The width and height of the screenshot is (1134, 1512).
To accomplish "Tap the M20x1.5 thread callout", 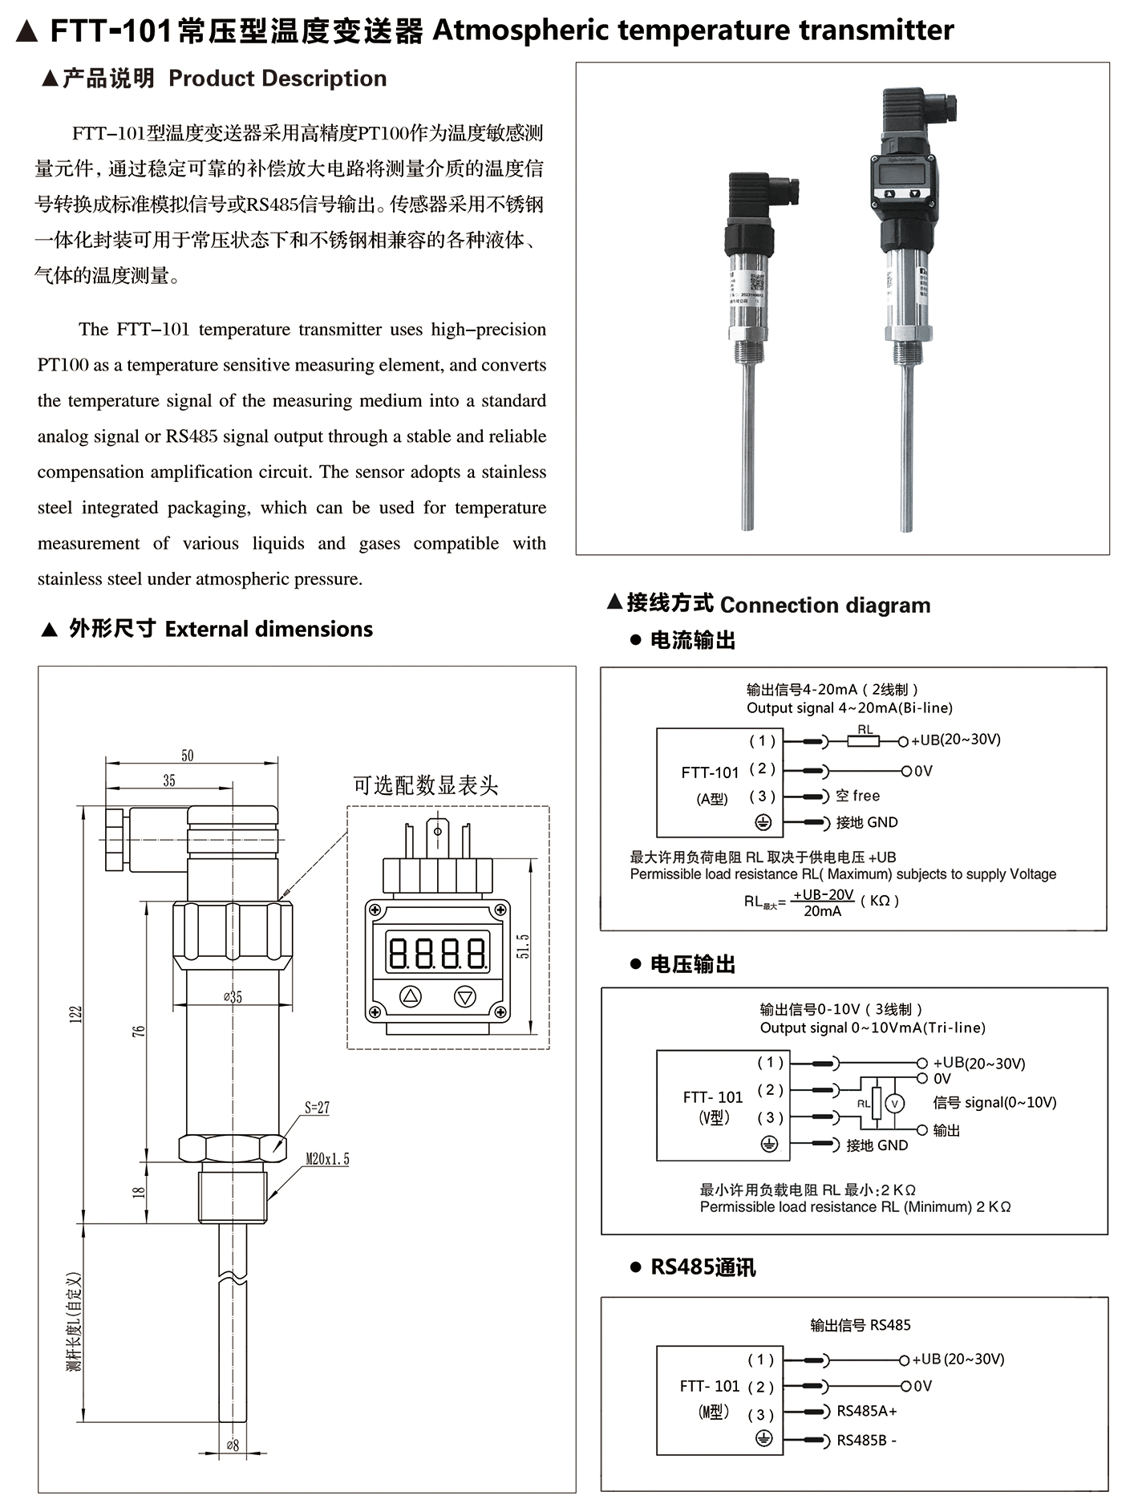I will tap(327, 1159).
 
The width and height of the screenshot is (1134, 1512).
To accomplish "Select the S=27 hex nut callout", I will tap(317, 1108).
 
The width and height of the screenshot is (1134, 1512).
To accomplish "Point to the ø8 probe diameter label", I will tap(232, 1445).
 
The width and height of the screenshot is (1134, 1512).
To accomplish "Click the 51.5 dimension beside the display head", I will tap(523, 947).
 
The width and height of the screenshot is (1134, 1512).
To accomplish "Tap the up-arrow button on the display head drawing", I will tap(411, 997).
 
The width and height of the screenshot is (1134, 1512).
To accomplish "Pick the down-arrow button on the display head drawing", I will tap(465, 997).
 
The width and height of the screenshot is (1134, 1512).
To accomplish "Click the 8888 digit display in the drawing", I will tap(437, 953).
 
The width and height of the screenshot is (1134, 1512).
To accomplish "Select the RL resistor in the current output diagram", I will tap(865, 741).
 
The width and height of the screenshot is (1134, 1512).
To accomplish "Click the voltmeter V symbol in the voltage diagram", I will tap(895, 1104).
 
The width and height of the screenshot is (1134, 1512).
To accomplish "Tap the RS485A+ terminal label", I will tap(867, 1411).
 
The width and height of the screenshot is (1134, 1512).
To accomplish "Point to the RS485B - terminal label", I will tap(866, 1440).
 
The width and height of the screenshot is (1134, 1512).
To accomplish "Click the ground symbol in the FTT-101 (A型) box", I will tap(763, 822).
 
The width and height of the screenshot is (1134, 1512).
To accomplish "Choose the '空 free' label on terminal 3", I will tap(857, 796).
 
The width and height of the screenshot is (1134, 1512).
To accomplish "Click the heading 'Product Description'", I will tap(277, 79).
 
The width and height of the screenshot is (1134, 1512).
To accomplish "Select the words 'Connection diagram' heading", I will tap(825, 605).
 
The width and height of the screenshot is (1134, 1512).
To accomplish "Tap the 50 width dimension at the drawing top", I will tap(187, 756).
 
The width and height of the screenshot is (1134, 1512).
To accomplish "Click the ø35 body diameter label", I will tap(233, 997).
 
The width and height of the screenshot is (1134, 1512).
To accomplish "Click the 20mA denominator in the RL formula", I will tap(823, 911).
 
